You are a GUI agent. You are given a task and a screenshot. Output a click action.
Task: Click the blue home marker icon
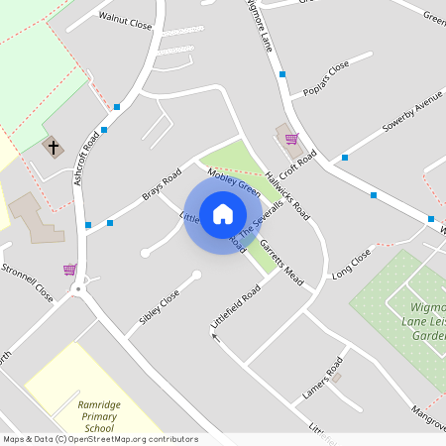[223, 214]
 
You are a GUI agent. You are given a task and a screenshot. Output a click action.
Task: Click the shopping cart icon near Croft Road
[291, 139]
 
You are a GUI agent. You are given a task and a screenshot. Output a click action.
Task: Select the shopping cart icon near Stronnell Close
[69, 269]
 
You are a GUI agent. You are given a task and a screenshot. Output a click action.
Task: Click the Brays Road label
[162, 181]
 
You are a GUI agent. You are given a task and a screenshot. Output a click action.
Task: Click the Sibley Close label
[160, 308]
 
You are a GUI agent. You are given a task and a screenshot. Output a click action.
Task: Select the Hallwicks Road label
[287, 191]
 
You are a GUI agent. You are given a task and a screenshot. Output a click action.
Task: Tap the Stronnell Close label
[27, 282]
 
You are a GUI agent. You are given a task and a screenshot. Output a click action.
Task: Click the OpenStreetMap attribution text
[99, 439]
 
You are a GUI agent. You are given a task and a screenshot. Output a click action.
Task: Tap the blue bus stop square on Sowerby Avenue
[345, 158]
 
